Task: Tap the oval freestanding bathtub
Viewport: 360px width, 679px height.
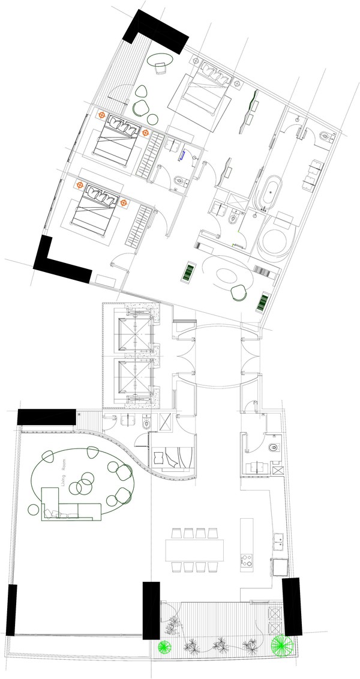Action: click(x=270, y=193)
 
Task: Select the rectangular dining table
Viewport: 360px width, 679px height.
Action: click(x=195, y=550)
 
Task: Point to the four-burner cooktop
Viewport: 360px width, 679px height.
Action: click(x=247, y=560)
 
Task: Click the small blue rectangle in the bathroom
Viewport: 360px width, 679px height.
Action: click(x=184, y=155)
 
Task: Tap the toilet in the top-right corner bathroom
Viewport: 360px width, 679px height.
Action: click(x=326, y=137)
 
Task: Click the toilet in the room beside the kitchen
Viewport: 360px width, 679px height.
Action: click(x=274, y=447)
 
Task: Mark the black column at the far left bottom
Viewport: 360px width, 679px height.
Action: click(x=11, y=610)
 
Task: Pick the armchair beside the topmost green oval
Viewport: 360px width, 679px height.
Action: click(x=160, y=68)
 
